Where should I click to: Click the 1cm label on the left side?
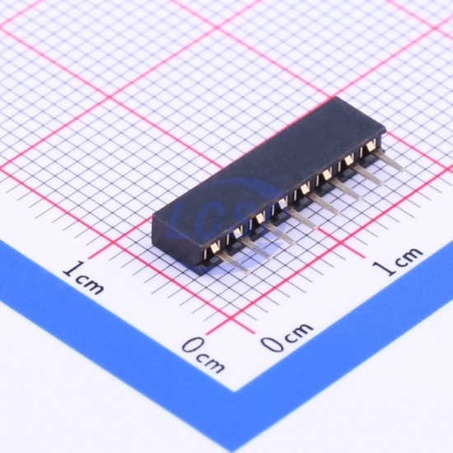84,278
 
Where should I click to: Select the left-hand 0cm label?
203,354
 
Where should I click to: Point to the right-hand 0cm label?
287,337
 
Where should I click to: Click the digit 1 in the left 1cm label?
70,269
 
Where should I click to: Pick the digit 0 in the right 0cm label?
272,343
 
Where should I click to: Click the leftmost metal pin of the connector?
233,262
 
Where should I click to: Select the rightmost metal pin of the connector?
388,161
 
